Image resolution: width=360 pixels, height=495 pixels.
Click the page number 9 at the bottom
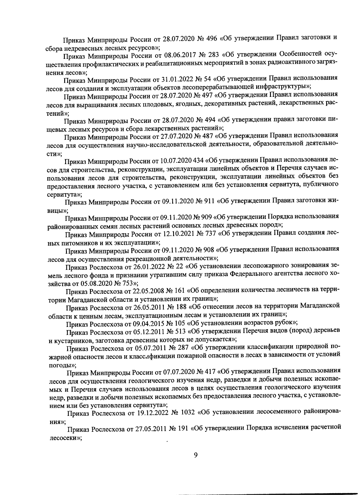click(x=196, y=455)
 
